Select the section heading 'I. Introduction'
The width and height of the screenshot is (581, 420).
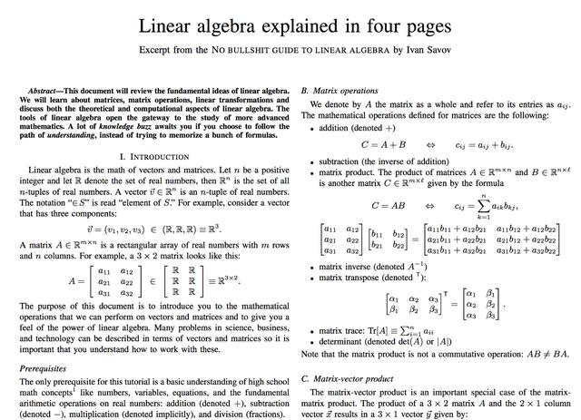pyautogui.click(x=147, y=157)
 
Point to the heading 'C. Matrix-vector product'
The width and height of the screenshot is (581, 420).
pyautogui.click(x=348, y=377)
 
